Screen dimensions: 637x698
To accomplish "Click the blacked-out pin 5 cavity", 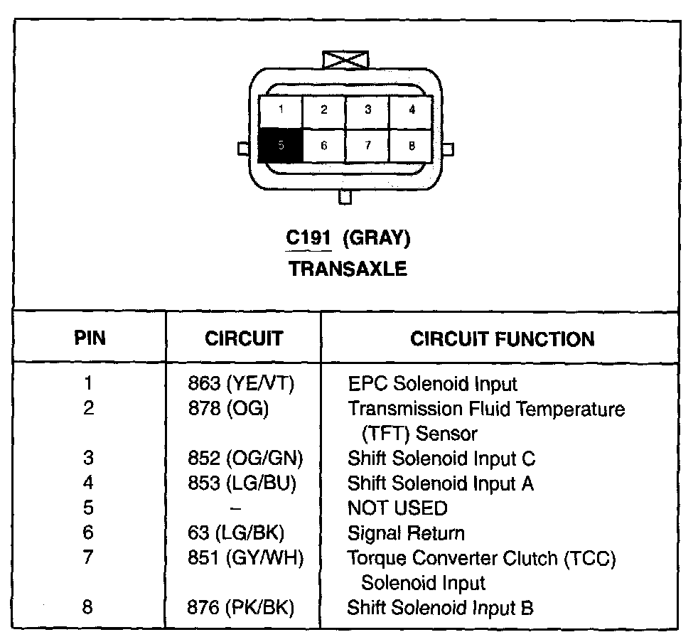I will (281, 145).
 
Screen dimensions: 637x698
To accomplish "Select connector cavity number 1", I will (281, 110).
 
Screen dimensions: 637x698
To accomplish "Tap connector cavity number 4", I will (411, 110).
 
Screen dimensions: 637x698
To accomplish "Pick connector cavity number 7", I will (367, 145).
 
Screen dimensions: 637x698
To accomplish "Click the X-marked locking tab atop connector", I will (345, 59).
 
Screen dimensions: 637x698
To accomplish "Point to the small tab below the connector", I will (345, 197).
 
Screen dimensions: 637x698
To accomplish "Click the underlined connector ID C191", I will (308, 238).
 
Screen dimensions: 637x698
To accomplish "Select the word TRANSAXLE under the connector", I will (348, 269).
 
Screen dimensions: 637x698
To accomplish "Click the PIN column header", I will (90, 338).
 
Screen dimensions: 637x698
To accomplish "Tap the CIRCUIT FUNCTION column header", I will (503, 338).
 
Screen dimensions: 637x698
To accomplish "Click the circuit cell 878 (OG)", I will (227, 409).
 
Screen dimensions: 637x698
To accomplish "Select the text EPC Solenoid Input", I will (432, 384).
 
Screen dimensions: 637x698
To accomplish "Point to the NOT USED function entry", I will (397, 508).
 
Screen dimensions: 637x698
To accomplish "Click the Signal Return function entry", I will (406, 533).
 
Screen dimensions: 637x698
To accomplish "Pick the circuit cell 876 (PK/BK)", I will (241, 608).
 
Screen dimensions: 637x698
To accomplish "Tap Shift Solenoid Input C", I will (441, 459).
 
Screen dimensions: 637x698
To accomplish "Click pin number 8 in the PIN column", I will (88, 608).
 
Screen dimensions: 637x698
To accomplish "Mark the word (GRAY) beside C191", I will (377, 238).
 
